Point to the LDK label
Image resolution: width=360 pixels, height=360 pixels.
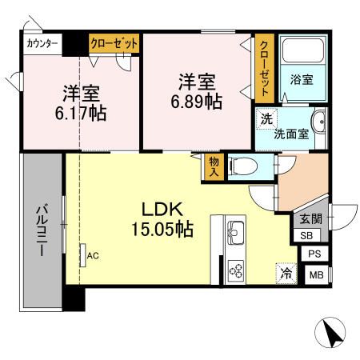point(165,210)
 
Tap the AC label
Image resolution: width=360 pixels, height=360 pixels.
point(93,255)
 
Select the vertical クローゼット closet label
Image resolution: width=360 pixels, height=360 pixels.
point(264,67)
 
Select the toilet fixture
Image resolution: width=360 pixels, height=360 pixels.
point(244,167)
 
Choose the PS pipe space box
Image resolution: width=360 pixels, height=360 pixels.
point(316,254)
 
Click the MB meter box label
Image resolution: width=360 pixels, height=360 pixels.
point(316,275)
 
